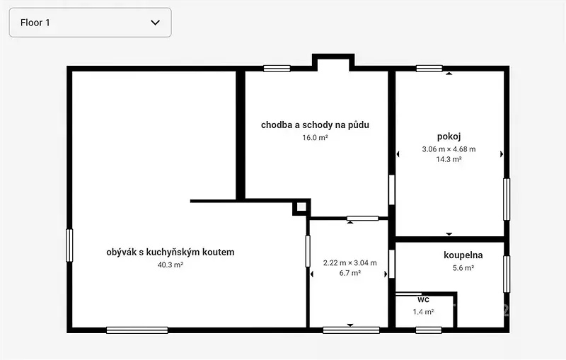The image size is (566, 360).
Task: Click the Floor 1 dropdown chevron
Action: pyautogui.click(x=155, y=23)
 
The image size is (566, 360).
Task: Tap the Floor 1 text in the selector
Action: pyautogui.click(x=35, y=23)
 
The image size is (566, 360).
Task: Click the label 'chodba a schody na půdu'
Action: pyautogui.click(x=315, y=125)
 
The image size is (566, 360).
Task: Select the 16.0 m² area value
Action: pyautogui.click(x=315, y=137)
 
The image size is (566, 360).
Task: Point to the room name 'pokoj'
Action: pyautogui.click(x=449, y=137)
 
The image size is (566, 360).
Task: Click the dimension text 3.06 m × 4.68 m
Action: pyautogui.click(x=449, y=149)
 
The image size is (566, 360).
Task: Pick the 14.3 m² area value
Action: pyautogui.click(x=449, y=159)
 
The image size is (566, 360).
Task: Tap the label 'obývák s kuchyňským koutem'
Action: pyautogui.click(x=171, y=252)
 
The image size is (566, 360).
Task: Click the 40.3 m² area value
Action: pyautogui.click(x=171, y=265)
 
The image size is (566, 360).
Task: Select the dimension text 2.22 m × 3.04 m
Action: pyautogui.click(x=350, y=263)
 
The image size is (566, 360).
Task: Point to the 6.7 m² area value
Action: pyautogui.click(x=350, y=273)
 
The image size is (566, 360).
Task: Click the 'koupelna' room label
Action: pyautogui.click(x=463, y=255)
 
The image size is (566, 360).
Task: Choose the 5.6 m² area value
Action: pyautogui.click(x=463, y=268)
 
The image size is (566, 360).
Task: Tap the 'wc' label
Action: pyautogui.click(x=423, y=299)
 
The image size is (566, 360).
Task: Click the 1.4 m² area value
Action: pyautogui.click(x=423, y=312)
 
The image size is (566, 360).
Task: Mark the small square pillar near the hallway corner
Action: pyautogui.click(x=301, y=207)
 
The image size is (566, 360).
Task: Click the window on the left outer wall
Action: pyautogui.click(x=69, y=245)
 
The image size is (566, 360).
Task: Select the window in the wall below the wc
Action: pyautogui.click(x=429, y=330)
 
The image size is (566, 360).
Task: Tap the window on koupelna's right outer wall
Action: pyautogui.click(x=507, y=274)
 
